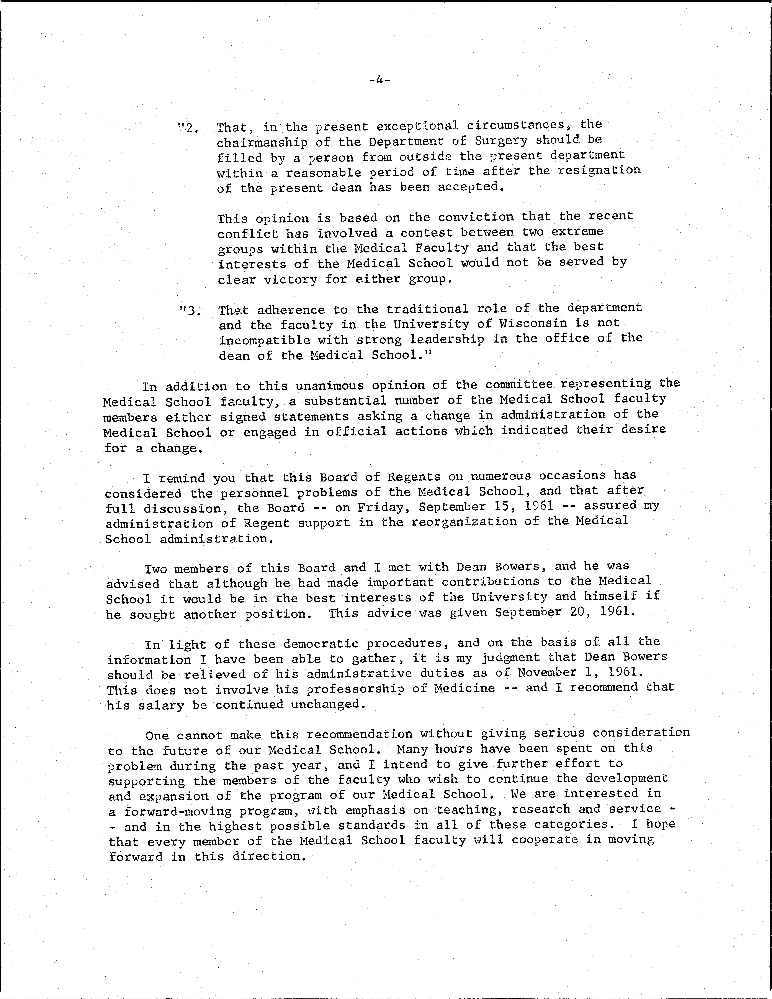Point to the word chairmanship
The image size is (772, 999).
pyautogui.click(x=262, y=142)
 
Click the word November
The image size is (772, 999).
pyautogui.click(x=547, y=672)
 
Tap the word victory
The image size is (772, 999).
pyautogui.click(x=290, y=279)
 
